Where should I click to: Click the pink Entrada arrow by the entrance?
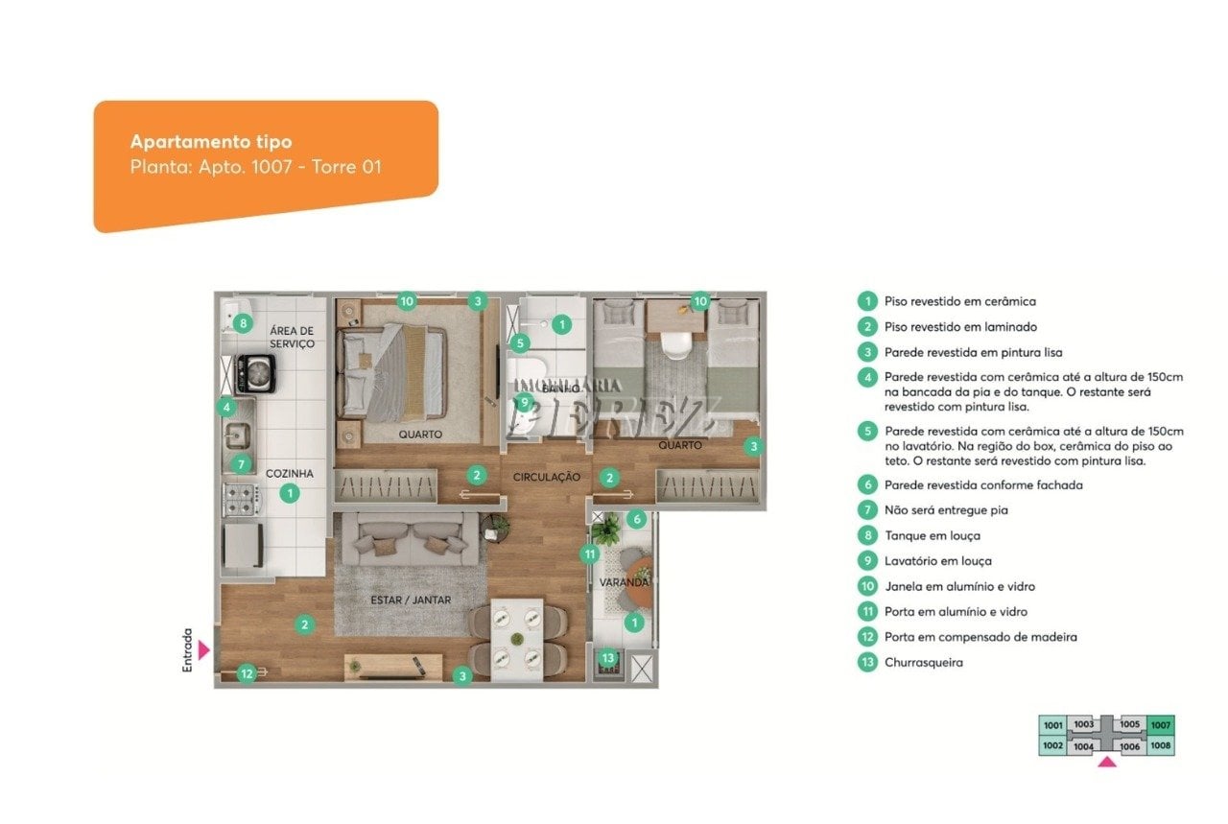(x=203, y=650)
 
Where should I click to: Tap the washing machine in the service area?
(x=255, y=374)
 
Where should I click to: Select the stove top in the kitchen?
(x=242, y=500)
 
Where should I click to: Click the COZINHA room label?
(x=290, y=473)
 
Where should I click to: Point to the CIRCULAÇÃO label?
(x=547, y=477)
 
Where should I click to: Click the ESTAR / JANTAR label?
(x=411, y=600)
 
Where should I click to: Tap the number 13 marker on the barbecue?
(x=608, y=657)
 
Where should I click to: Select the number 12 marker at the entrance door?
(x=247, y=673)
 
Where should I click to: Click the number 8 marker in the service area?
(x=243, y=323)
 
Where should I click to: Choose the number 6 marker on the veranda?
(x=636, y=519)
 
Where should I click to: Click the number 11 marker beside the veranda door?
(x=590, y=554)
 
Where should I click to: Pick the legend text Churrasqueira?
(x=924, y=662)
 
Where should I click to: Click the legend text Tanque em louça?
(x=933, y=535)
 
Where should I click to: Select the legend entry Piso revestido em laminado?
(x=960, y=327)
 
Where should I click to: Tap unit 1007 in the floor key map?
(x=1161, y=725)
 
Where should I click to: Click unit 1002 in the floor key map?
(x=1052, y=745)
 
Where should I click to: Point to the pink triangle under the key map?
(x=1107, y=762)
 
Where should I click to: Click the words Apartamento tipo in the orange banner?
(x=211, y=142)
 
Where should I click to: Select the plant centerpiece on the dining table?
(x=517, y=639)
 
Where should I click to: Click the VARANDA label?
(x=624, y=582)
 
